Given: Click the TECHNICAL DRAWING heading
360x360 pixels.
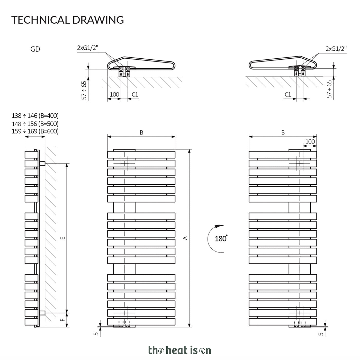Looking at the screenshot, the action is (67, 20).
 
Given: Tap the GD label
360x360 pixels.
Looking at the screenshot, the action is (35, 49).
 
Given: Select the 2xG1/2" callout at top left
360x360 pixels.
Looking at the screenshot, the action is (88, 48).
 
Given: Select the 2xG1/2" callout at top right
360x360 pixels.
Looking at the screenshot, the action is (336, 49).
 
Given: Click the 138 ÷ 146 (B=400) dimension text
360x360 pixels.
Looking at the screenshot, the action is (35, 116).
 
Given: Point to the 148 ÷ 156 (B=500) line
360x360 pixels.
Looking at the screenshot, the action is (35, 124).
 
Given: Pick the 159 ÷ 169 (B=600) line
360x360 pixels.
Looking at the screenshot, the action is (35, 131).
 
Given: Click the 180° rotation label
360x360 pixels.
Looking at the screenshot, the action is (221, 239).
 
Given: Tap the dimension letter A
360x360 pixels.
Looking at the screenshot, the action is (185, 238).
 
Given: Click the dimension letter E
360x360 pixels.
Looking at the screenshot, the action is (63, 238).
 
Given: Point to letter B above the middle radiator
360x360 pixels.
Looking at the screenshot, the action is (141, 132).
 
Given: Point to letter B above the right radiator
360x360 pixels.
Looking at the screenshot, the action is (283, 132).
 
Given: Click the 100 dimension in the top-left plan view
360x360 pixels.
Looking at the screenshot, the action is (114, 94).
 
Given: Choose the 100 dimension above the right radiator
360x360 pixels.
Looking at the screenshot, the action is (310, 141).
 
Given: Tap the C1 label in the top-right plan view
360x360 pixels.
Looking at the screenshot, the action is (288, 94).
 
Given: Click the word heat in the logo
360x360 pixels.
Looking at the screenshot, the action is (177, 350).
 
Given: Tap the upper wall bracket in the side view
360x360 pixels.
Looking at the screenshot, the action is (42, 164).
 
